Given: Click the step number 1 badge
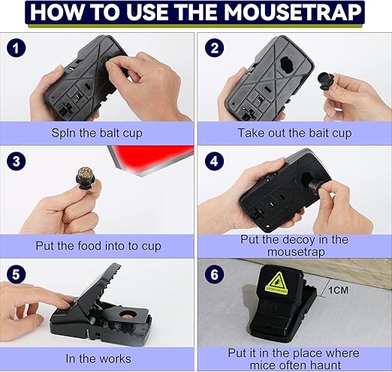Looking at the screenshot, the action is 16,48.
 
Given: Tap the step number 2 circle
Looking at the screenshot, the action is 215,48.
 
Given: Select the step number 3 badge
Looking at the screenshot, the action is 16,161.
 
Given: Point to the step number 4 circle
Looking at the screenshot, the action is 215,161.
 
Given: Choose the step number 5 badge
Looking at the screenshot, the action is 16,274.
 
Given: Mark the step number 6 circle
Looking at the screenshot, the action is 215,274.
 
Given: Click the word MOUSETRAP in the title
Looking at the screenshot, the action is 293,12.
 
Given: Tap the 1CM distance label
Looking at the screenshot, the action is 338,290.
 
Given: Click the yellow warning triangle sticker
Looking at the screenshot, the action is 277,283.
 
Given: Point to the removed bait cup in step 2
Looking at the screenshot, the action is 325,80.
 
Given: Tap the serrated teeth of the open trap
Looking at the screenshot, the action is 111,277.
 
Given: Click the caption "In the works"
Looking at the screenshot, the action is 98,358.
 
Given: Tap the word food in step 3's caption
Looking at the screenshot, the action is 89,246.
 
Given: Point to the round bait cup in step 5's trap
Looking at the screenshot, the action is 128,315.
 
